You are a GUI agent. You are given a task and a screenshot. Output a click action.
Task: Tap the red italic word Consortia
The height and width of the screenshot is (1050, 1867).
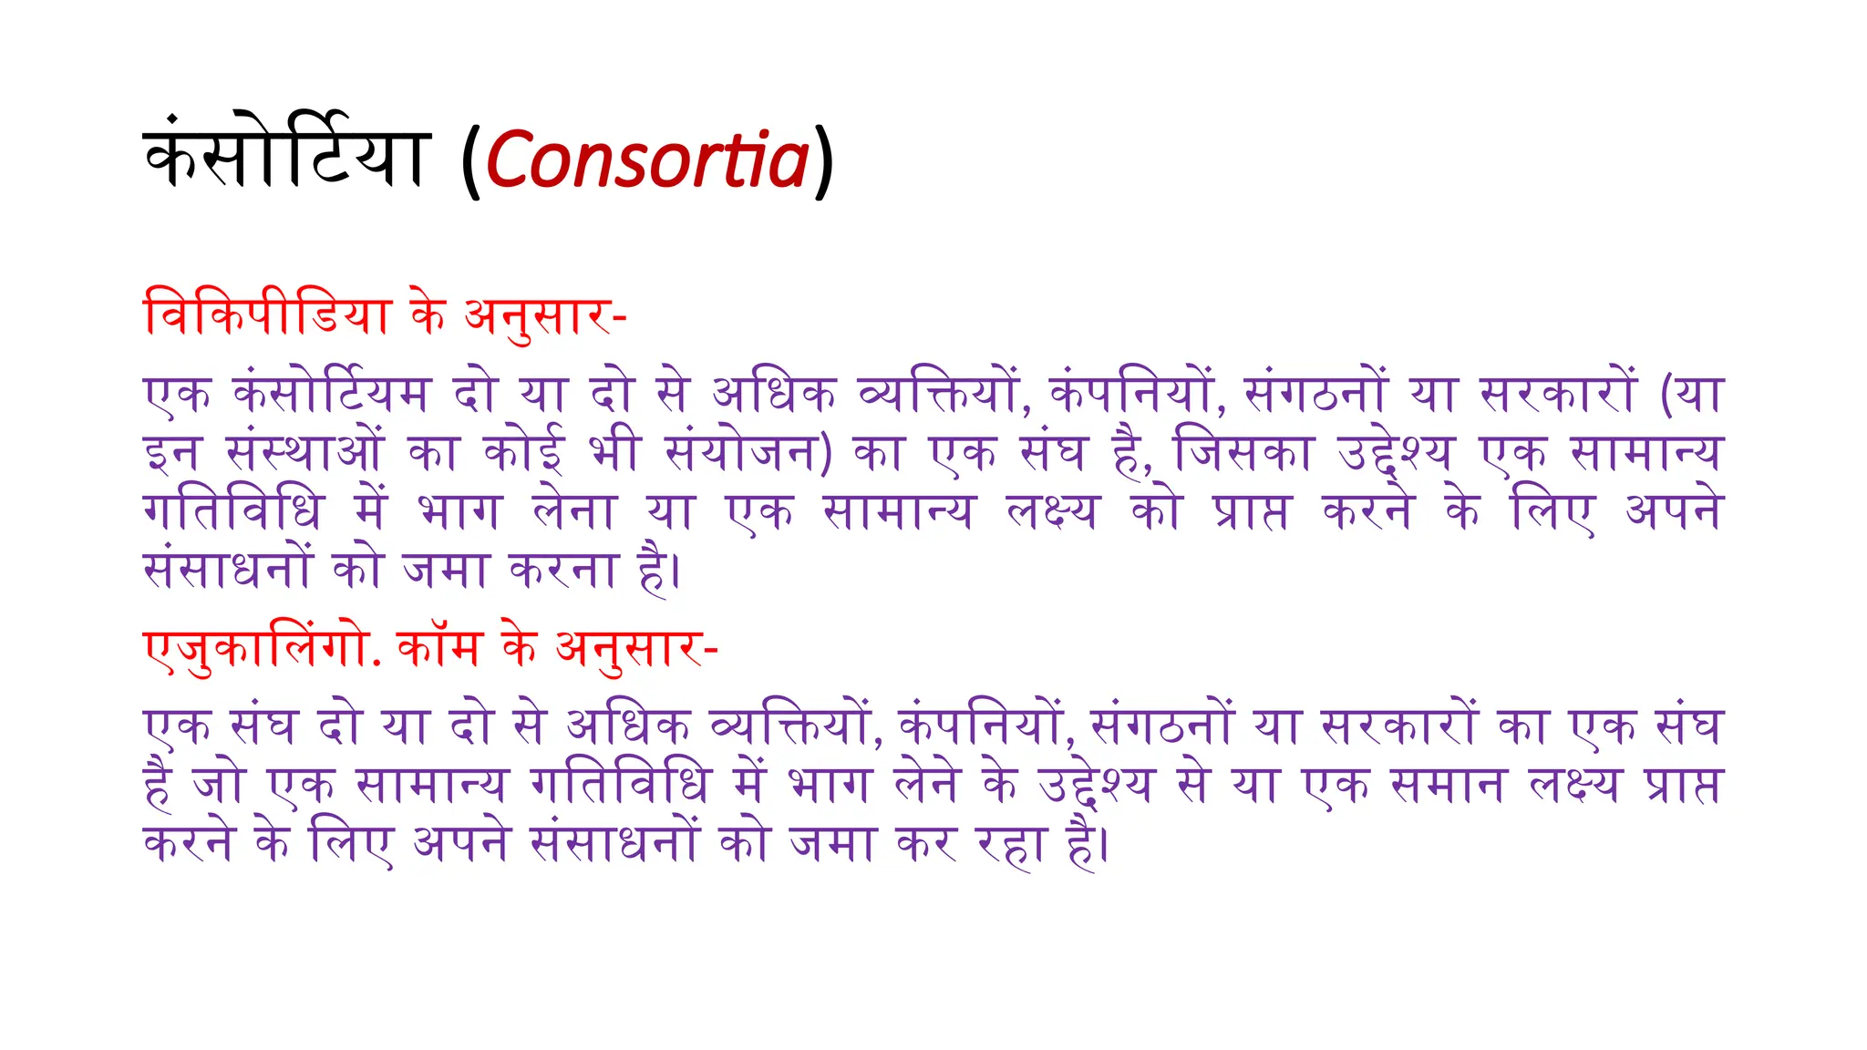click(647, 160)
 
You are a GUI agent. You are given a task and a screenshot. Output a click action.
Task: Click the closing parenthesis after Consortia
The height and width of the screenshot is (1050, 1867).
click(823, 162)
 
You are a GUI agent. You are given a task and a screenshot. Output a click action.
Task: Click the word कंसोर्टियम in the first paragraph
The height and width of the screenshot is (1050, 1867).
click(331, 394)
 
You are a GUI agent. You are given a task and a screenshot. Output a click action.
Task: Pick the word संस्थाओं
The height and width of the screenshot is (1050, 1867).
click(305, 452)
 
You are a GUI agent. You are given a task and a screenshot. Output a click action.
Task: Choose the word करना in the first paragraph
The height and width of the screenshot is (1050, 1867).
click(563, 571)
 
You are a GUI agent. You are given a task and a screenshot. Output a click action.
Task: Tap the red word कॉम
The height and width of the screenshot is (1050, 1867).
click(439, 649)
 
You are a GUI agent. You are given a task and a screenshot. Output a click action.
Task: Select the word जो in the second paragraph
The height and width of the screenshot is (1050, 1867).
click(219, 784)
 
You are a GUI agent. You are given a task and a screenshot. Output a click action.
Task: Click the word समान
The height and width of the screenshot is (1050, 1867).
click(1447, 784)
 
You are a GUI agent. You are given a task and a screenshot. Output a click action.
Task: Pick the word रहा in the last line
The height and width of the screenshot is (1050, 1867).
click(1010, 843)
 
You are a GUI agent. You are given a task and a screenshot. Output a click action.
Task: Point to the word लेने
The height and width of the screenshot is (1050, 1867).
click(925, 784)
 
